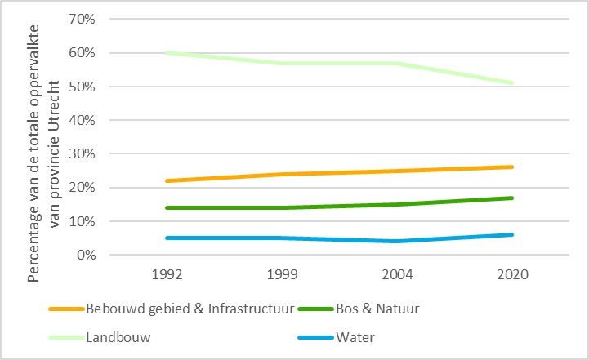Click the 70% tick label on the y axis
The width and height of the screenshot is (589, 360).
click(x=83, y=19)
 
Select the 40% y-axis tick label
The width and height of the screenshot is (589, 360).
click(x=83, y=120)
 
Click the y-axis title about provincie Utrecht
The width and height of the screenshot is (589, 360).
click(x=46, y=147)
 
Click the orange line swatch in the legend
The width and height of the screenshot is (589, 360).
click(x=67, y=309)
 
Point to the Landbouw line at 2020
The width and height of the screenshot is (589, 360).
click(x=512, y=83)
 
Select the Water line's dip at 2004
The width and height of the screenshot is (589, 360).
click(x=398, y=241)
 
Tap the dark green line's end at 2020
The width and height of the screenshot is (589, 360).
click(x=512, y=198)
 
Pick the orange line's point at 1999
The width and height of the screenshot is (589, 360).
click(x=283, y=174)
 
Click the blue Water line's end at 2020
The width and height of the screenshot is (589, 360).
click(x=512, y=234)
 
